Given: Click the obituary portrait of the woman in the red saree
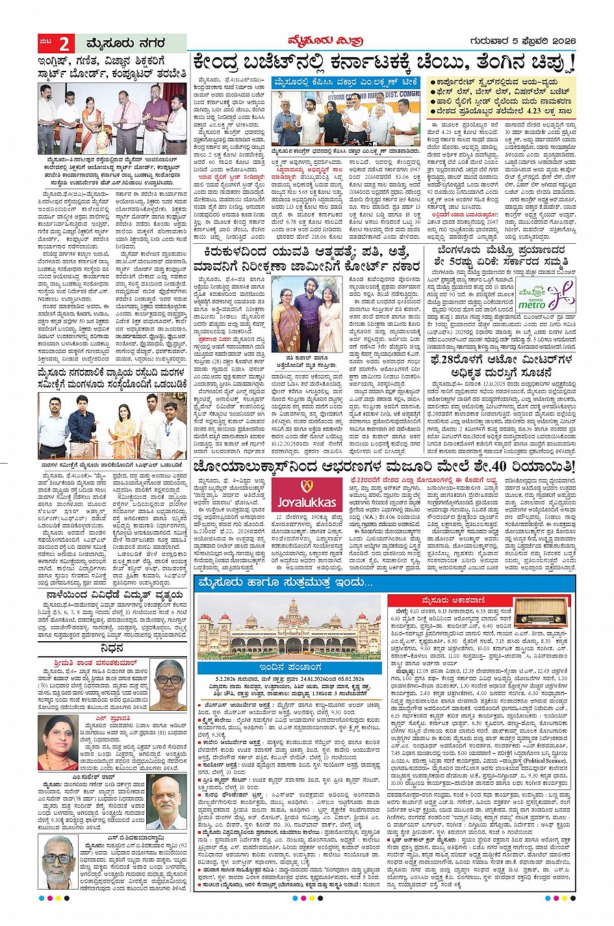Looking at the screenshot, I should coord(57,742).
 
